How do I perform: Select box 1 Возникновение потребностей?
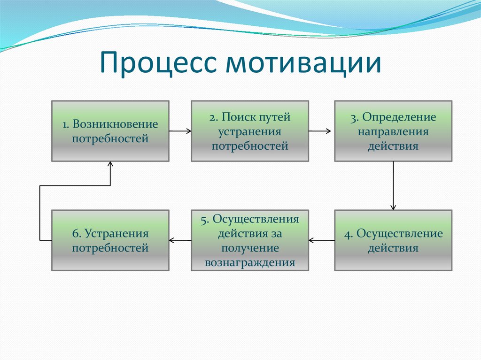tap(110, 131)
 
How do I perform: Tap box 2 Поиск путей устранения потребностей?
tap(250, 131)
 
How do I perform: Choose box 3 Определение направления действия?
tap(393, 131)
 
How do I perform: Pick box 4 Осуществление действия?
tap(393, 240)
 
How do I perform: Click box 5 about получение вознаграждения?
tap(250, 240)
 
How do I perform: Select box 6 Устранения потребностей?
tap(110, 240)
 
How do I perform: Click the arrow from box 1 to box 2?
tap(180, 131)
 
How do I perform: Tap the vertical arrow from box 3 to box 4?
tap(393, 185)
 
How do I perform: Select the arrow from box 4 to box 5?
tap(322, 240)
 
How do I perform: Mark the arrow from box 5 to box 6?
tap(180, 240)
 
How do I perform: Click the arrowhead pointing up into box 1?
tap(110, 165)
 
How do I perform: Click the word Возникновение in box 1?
tap(116, 125)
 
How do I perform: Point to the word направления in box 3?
tap(393, 131)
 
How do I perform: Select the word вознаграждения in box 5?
tap(250, 262)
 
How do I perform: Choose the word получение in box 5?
tap(250, 248)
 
